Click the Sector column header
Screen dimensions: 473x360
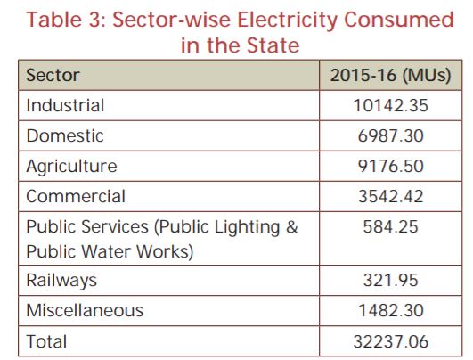53,75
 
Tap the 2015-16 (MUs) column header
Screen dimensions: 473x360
390,75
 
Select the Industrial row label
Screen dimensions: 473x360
65,105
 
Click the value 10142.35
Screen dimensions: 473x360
391,106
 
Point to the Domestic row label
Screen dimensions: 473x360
65,135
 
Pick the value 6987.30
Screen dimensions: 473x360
391,135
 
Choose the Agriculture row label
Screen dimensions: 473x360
71,167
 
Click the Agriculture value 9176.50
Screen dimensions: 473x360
391,167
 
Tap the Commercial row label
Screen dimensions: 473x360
76,196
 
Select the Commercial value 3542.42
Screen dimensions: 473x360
391,196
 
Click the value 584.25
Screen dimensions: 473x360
391,226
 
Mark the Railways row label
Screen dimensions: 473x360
61,281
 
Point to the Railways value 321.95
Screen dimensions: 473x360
391,280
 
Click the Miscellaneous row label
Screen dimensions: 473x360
85,310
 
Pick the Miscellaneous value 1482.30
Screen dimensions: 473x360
391,310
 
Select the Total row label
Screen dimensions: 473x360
46,341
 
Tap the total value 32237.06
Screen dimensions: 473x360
391,341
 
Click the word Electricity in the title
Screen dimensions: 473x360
287,20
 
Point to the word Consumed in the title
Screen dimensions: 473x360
399,20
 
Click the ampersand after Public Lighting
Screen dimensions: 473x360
292,227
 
